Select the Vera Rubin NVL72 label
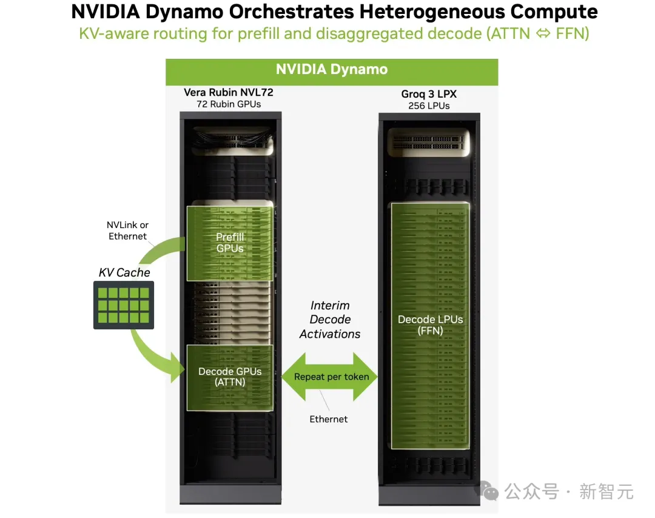coord(229,92)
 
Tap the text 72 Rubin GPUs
coord(229,104)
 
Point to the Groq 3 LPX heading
coord(429,94)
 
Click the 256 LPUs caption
coord(429,106)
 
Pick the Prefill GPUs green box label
coord(230,243)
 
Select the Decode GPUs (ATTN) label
coord(230,377)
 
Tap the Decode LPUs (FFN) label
coord(430,325)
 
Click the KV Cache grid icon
coord(124,305)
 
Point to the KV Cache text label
coord(124,272)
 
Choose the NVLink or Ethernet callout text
coord(127,230)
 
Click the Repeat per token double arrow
coord(329,377)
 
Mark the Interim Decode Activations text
coord(330,320)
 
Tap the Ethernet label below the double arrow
coord(328,419)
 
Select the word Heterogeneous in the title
coord(432,12)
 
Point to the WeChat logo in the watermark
coord(489,491)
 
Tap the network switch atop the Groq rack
coord(429,143)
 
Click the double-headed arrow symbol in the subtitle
coord(543,33)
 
